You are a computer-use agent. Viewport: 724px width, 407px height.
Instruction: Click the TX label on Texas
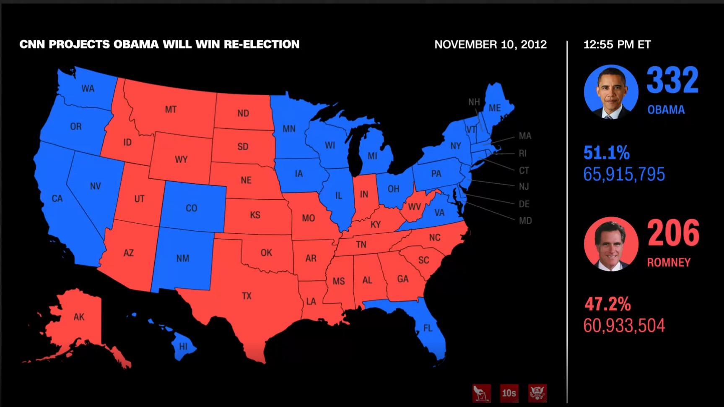pos(247,296)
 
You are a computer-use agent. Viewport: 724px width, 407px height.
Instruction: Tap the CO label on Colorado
pos(192,208)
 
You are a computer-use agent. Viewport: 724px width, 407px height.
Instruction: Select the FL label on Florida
pos(428,328)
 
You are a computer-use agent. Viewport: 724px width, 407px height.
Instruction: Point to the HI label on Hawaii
pos(184,347)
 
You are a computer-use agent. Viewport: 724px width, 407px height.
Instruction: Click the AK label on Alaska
pos(79,317)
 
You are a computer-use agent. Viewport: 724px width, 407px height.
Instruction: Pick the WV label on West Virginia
pos(415,206)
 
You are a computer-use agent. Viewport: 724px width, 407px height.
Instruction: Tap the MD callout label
pos(525,221)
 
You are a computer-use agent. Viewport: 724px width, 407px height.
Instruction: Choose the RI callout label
pos(522,154)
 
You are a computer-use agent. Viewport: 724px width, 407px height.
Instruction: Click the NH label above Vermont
pos(474,102)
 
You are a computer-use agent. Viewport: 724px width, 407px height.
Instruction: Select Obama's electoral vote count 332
pos(672,80)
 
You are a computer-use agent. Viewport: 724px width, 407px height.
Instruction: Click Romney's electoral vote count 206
pos(673,233)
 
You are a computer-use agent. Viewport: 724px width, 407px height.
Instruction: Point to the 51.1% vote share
pos(607,153)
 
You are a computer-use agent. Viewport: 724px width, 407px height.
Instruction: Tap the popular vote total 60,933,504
pos(624,326)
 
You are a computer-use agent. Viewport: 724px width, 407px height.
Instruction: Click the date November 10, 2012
pos(490,44)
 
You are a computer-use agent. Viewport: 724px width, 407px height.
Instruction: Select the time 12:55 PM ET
pos(617,44)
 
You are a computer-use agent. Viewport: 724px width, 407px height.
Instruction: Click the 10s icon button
pos(509,393)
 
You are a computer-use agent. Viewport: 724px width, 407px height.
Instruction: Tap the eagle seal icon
pos(537,393)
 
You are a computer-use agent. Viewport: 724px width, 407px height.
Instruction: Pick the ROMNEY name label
pos(669,263)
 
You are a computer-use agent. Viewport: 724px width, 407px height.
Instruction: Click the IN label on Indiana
pos(364,194)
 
